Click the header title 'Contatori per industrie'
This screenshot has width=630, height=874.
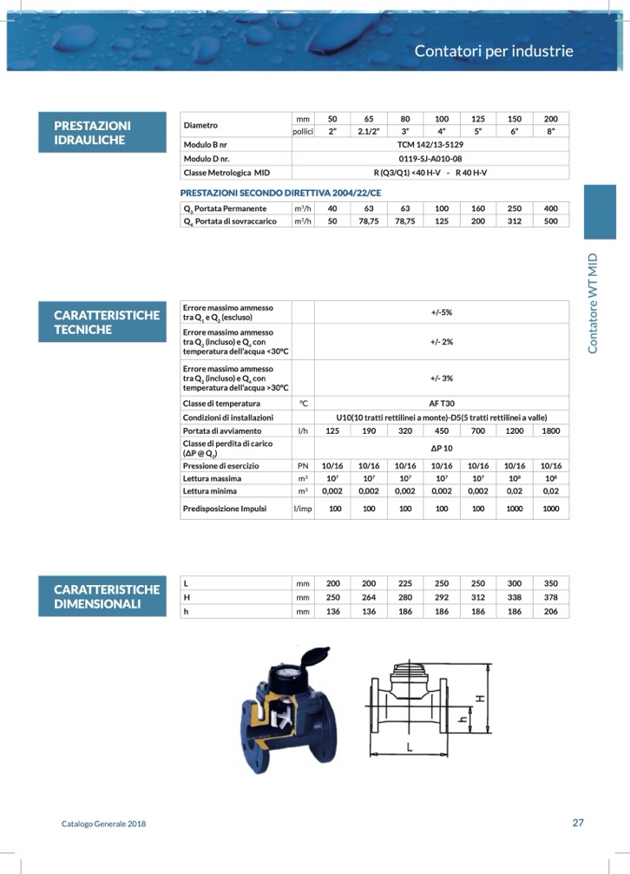(494, 50)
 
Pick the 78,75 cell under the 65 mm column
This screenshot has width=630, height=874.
(369, 221)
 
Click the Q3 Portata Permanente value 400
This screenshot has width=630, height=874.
(551, 208)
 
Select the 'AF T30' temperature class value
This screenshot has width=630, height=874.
(441, 404)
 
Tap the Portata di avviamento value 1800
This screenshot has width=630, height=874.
(551, 430)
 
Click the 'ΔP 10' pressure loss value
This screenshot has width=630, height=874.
(441, 448)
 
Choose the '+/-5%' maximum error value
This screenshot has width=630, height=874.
(441, 312)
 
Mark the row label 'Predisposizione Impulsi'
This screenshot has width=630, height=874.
(224, 509)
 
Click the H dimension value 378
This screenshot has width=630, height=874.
(551, 597)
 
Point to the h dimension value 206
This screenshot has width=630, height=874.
(551, 612)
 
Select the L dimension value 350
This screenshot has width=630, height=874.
(551, 583)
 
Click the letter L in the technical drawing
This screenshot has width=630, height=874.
(409, 747)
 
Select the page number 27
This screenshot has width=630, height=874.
(578, 824)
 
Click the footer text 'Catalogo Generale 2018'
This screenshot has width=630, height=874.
(103, 825)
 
